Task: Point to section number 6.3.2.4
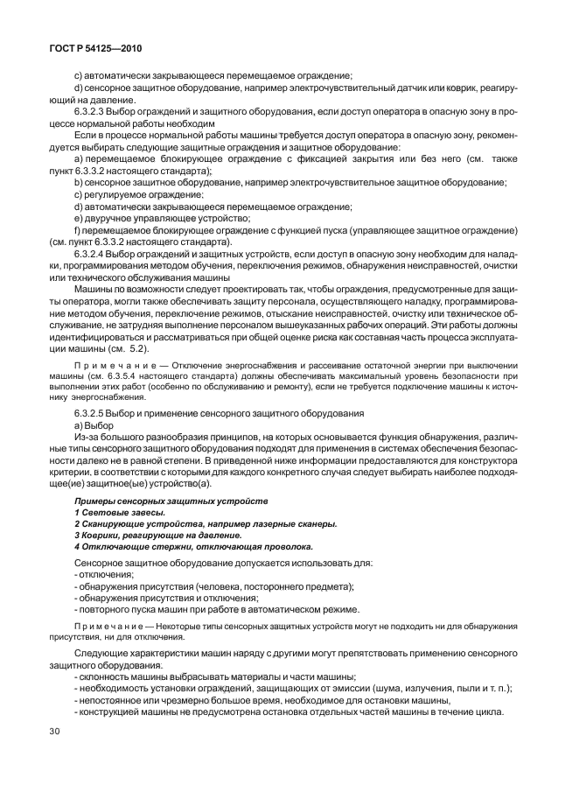[x=94, y=253]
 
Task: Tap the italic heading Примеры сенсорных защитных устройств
[x=171, y=500]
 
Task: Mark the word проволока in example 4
[x=286, y=546]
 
